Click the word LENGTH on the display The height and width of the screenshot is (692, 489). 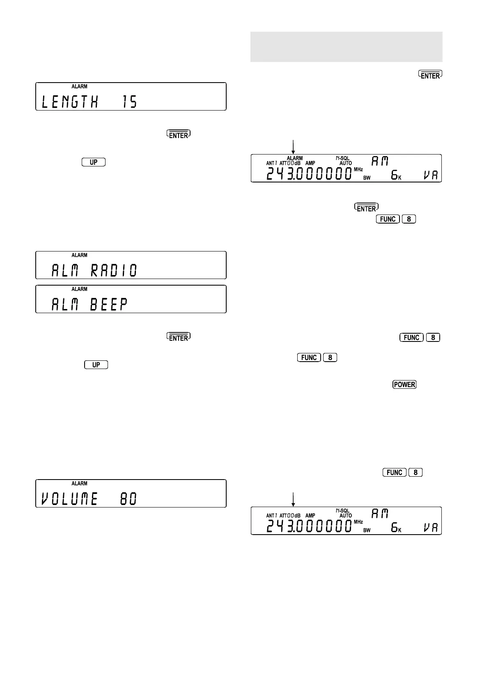[x=70, y=101]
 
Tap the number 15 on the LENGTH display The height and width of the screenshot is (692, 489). [x=130, y=101]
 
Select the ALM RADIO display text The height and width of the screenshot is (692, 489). [x=94, y=270]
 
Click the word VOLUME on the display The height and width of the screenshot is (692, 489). [x=70, y=499]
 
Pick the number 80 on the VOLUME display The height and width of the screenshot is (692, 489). [x=128, y=499]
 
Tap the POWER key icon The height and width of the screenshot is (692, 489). [x=404, y=385]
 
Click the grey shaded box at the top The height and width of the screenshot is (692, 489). [x=346, y=47]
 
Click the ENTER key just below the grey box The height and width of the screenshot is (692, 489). [x=430, y=75]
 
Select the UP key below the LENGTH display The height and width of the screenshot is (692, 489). [x=94, y=162]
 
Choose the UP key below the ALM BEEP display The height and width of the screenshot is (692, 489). [x=96, y=365]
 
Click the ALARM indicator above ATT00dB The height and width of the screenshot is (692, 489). [x=294, y=158]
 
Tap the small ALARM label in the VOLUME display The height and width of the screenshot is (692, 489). [x=79, y=484]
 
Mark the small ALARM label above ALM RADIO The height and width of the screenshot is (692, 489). [x=79, y=255]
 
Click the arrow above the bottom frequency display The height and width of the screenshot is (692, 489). [x=293, y=499]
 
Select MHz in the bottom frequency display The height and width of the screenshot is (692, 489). [x=358, y=522]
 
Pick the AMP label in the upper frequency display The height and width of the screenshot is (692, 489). [x=310, y=163]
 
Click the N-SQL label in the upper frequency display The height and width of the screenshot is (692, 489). [x=343, y=158]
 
